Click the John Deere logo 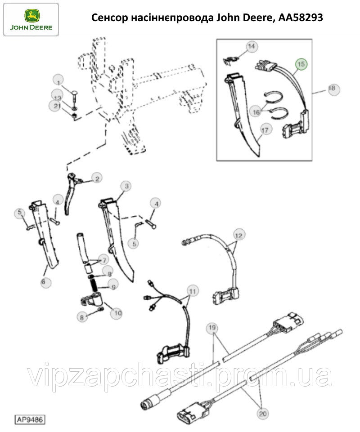point(31,20)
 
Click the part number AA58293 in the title point(301,18)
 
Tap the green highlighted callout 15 point(301,64)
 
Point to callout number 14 point(251,46)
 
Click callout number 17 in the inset point(265,129)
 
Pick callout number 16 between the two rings point(256,112)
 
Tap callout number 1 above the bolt point(58,82)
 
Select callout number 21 point(57,106)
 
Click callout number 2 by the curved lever point(97,179)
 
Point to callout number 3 point(126,186)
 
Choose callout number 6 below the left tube point(43,282)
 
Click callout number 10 point(118,313)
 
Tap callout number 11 point(193,291)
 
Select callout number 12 point(239,236)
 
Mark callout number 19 point(212,328)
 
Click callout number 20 point(263,413)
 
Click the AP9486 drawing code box point(30,419)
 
